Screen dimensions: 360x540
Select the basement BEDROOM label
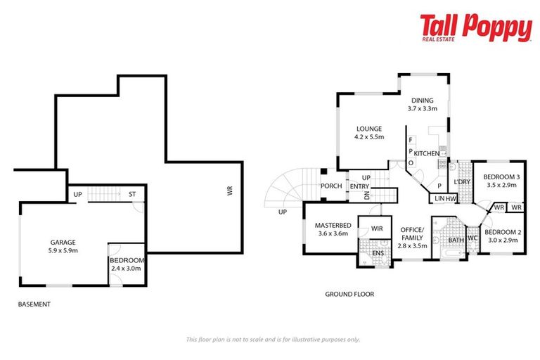click(x=127, y=259)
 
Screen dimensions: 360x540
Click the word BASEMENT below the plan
click(x=34, y=304)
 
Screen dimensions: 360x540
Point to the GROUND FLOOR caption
click(x=349, y=295)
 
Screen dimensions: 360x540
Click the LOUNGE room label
click(x=368, y=129)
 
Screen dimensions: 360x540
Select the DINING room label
click(x=423, y=100)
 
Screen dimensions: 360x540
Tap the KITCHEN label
click(x=426, y=153)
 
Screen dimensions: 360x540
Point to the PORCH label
click(x=331, y=186)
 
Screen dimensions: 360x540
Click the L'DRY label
click(x=461, y=181)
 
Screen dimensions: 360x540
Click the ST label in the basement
click(x=131, y=195)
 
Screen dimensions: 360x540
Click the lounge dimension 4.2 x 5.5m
click(x=368, y=137)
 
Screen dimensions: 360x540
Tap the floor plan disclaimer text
click(x=273, y=339)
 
